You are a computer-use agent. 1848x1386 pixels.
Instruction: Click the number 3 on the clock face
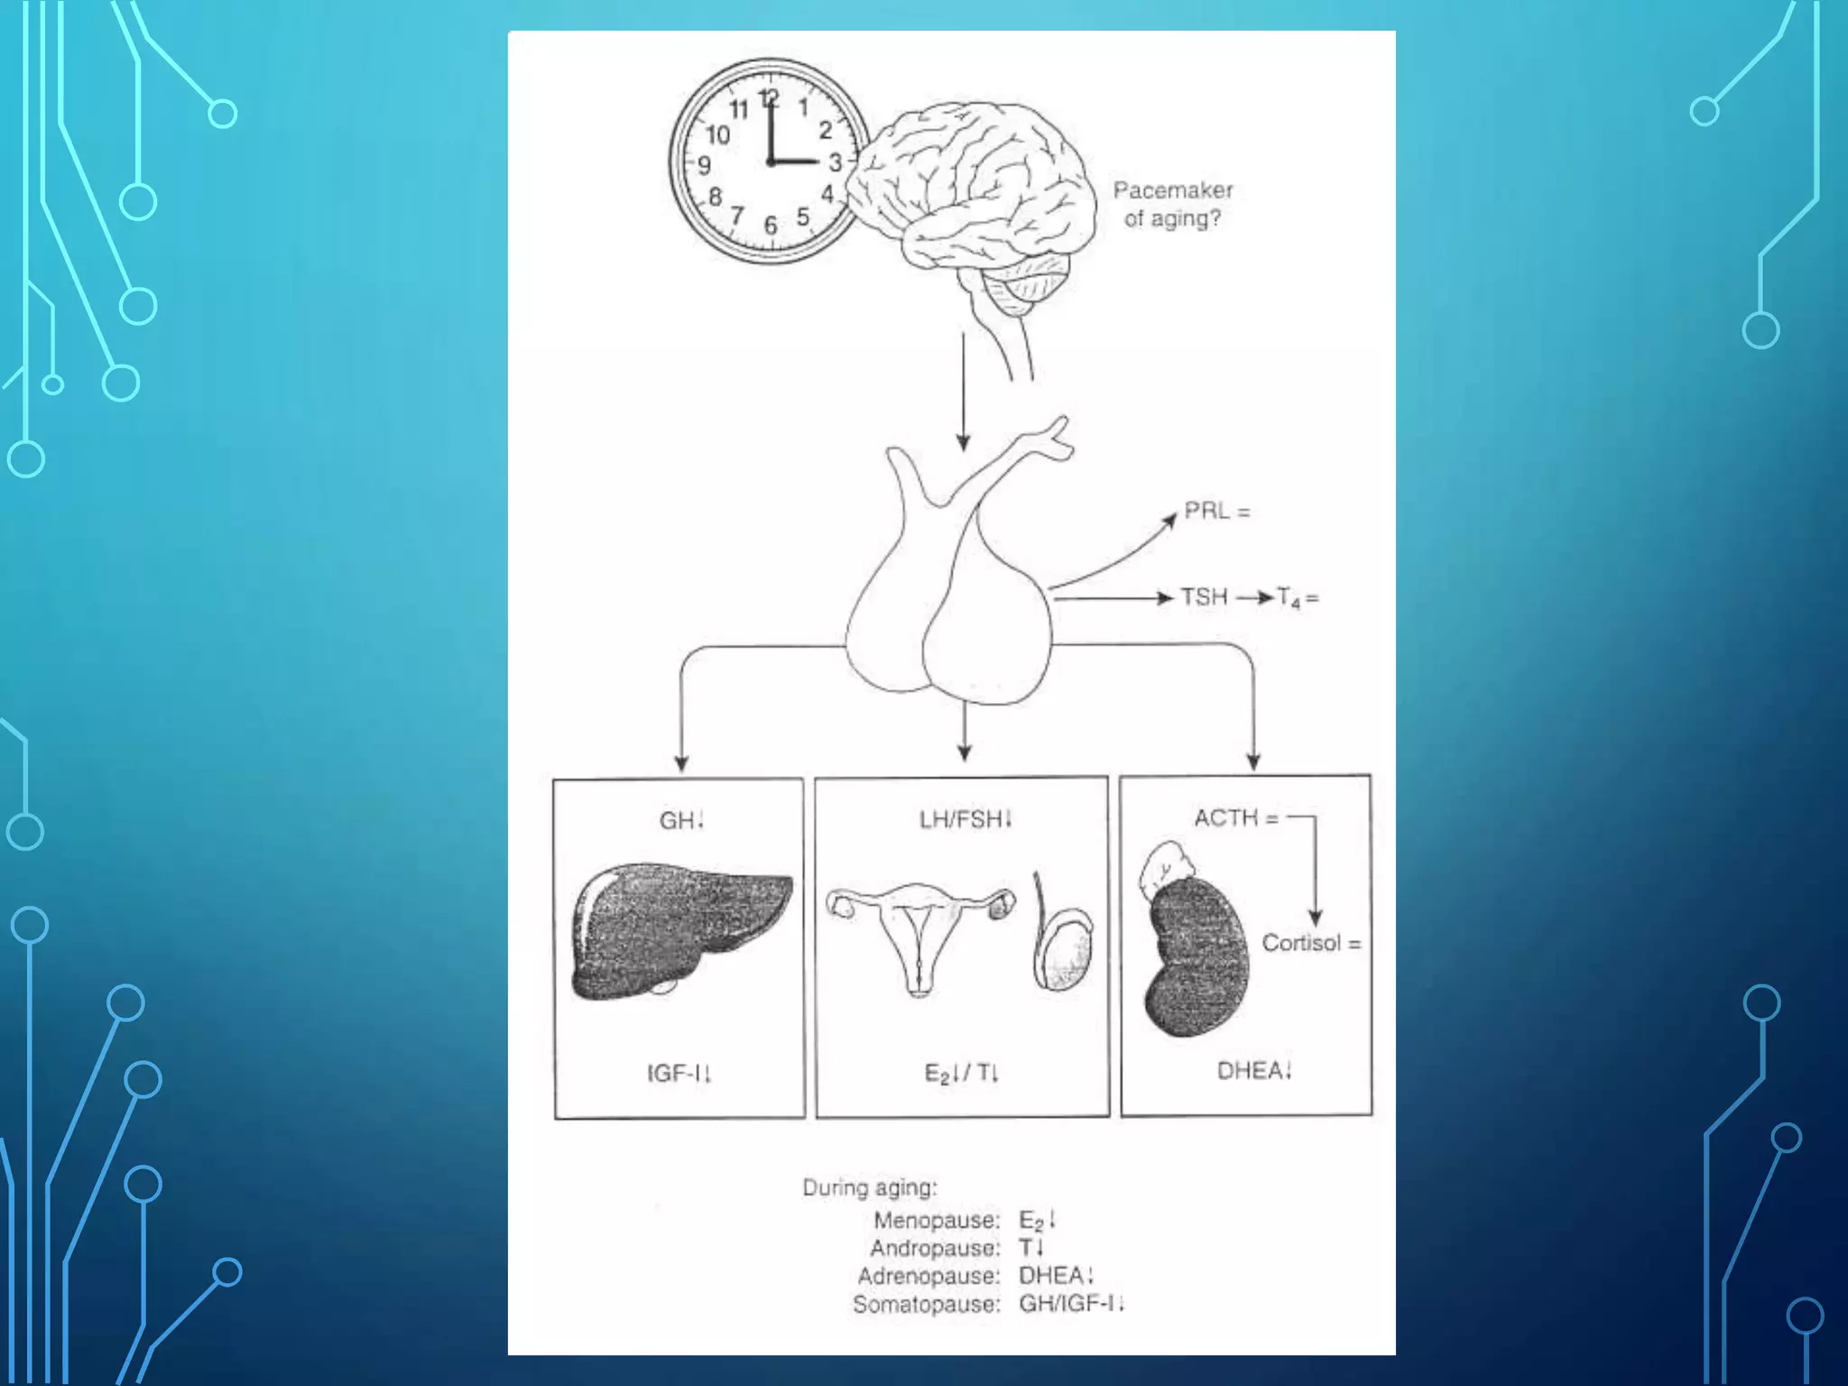pos(835,162)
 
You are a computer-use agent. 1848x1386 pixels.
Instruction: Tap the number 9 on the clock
pos(705,165)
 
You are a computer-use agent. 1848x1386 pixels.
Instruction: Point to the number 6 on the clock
pos(770,225)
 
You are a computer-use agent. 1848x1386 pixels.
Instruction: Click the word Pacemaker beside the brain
pos(1172,190)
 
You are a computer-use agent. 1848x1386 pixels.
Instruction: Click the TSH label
pos(1205,596)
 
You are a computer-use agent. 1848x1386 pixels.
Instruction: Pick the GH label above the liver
pos(676,820)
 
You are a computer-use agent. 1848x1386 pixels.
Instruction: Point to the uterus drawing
pos(919,934)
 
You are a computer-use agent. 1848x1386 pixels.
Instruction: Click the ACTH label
pos(1225,818)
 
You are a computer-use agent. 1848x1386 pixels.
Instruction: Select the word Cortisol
pos(1300,943)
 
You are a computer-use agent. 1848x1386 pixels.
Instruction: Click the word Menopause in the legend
pos(936,1220)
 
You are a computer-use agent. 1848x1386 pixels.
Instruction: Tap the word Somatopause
pos(926,1304)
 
